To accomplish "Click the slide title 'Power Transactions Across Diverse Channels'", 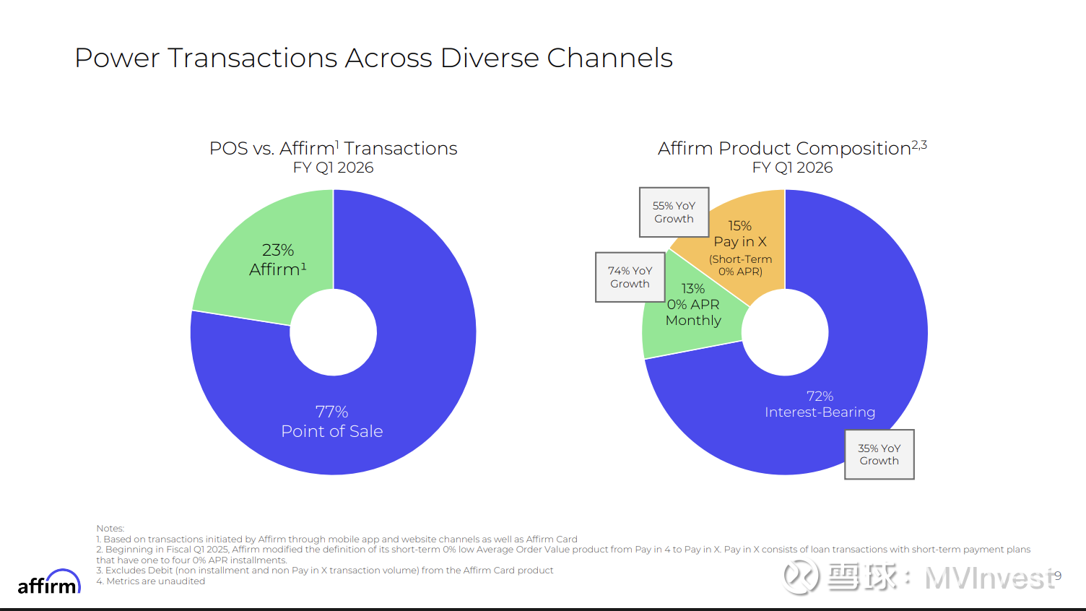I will click(x=373, y=58).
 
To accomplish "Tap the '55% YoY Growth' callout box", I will click(x=674, y=212).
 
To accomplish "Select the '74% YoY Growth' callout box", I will click(x=630, y=277).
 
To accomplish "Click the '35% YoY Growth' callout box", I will click(x=879, y=454).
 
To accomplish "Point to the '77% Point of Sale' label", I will click(x=332, y=422).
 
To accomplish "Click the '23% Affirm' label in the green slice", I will click(x=278, y=260).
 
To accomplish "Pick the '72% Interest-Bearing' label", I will click(x=820, y=404).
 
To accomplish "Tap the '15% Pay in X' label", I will click(x=740, y=234).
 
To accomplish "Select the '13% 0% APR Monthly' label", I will click(x=693, y=305).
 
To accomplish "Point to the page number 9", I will click(x=1058, y=576).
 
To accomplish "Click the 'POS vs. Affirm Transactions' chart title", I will click(x=333, y=148).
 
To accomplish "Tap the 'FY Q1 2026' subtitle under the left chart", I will click(x=333, y=168).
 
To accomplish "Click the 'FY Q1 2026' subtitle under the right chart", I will click(x=792, y=168).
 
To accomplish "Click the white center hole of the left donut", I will click(x=334, y=332).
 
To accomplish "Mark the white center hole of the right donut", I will click(x=785, y=332).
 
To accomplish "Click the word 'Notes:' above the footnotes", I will click(x=110, y=529).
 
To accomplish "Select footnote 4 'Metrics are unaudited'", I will click(x=151, y=581).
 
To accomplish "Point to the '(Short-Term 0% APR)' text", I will click(x=740, y=265).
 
